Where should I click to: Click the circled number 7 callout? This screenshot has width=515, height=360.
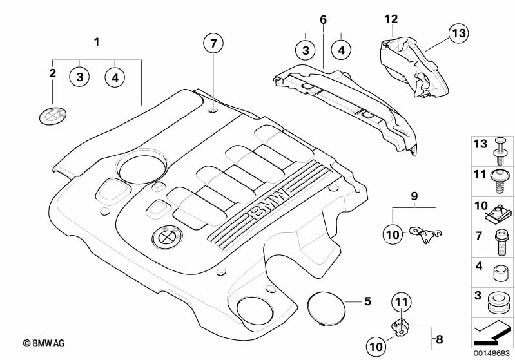click(x=213, y=43)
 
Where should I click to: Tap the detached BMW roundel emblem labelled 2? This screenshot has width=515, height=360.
click(x=53, y=115)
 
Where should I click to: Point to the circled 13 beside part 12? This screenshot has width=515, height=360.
click(x=458, y=33)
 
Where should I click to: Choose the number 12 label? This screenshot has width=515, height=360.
click(x=391, y=19)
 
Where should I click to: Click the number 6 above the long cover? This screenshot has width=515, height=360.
click(x=323, y=20)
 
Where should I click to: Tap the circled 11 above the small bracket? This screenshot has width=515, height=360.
click(x=402, y=302)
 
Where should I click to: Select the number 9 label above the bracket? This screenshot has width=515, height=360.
click(x=414, y=196)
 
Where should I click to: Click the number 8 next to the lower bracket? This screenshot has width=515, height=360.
click(x=440, y=339)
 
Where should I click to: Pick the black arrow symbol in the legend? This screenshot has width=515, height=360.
click(x=492, y=333)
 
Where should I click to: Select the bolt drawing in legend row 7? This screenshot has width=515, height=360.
click(x=501, y=242)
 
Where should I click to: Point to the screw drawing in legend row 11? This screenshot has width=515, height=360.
click(x=500, y=182)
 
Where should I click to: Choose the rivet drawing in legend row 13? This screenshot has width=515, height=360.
click(x=500, y=151)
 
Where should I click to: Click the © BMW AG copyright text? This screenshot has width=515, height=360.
click(x=44, y=343)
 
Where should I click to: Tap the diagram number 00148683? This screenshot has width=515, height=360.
click(x=492, y=354)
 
